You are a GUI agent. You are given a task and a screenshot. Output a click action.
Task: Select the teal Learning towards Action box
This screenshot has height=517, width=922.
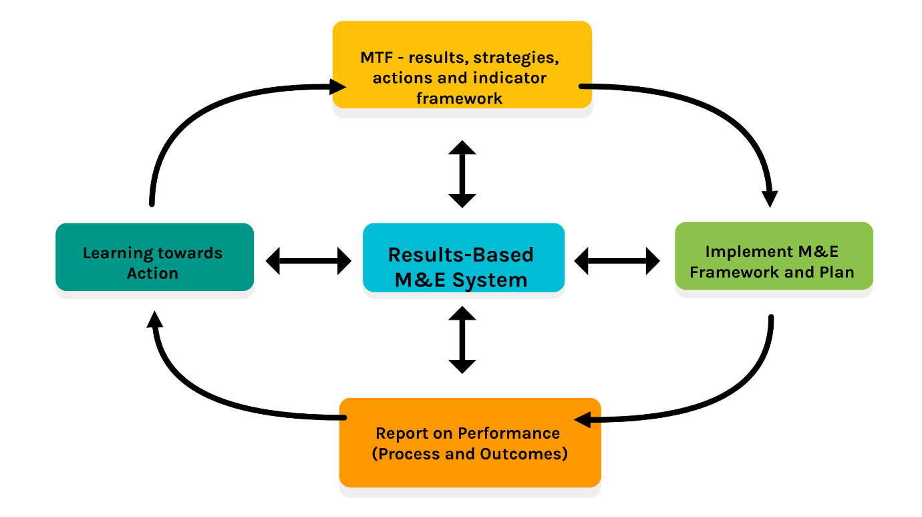(154, 257)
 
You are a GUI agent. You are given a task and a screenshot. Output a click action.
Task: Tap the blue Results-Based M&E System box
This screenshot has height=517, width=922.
(463, 257)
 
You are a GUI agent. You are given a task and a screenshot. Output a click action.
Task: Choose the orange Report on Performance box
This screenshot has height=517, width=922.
(470, 442)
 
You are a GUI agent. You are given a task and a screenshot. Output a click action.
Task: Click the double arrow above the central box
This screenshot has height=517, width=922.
(462, 174)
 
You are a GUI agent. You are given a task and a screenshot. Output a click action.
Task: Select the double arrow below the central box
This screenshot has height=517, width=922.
(462, 340)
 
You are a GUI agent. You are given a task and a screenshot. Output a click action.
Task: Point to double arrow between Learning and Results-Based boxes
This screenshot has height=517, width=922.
(309, 260)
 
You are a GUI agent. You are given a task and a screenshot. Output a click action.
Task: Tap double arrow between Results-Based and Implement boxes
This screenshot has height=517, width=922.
(617, 260)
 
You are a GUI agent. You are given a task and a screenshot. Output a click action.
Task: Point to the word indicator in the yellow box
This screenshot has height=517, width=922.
(515, 78)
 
